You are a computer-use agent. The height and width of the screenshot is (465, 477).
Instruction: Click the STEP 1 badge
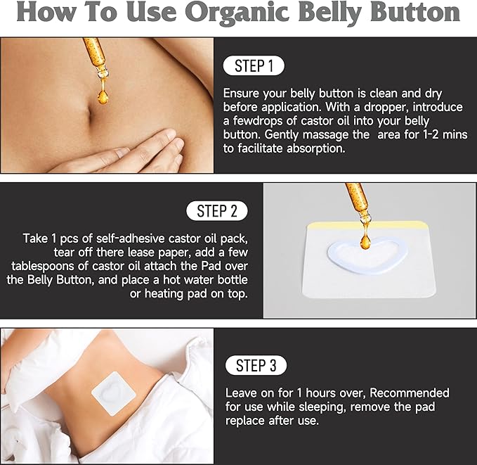[x=254, y=66]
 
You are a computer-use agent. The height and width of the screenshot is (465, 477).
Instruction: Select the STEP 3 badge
[x=256, y=365]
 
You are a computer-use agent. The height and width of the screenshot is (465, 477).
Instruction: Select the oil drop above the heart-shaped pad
[x=365, y=241]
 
